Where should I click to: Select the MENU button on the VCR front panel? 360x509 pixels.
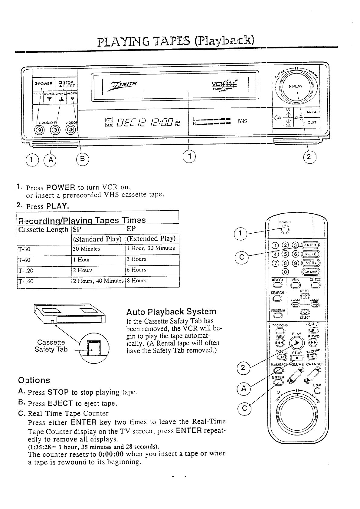(x=312, y=112)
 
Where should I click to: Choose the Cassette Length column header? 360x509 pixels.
(x=43, y=229)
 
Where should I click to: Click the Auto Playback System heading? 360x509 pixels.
(x=171, y=312)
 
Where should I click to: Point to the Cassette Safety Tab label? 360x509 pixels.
(x=51, y=346)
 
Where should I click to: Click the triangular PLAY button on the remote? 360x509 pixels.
(x=297, y=343)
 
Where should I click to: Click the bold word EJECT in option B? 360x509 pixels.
(x=60, y=403)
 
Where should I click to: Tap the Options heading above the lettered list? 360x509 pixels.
(x=34, y=380)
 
